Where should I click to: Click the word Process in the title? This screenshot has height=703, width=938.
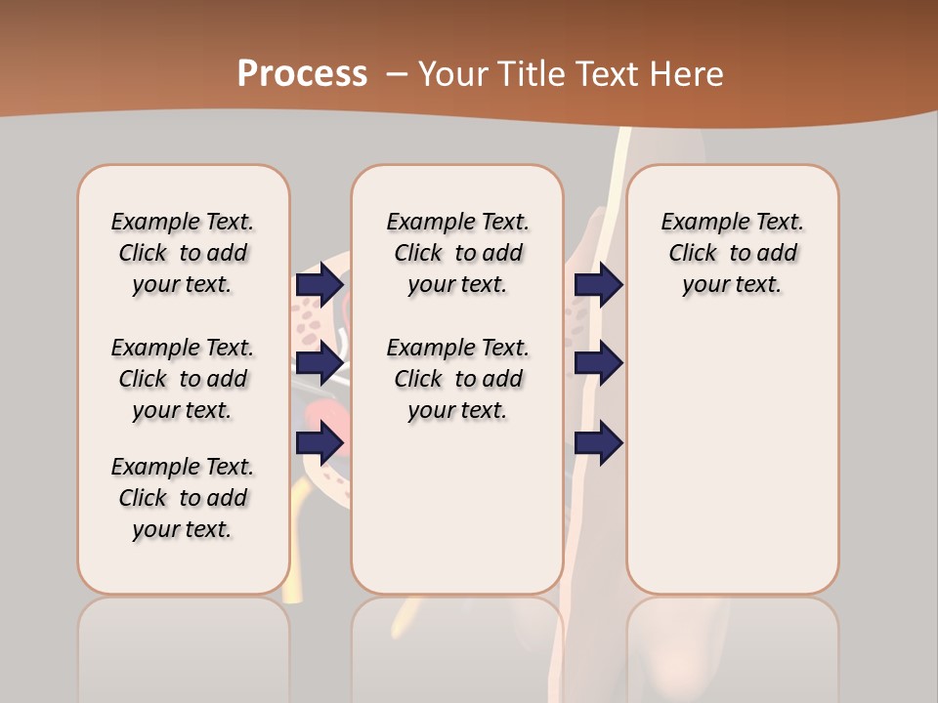pyautogui.click(x=302, y=73)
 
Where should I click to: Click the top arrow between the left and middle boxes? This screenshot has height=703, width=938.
pyautogui.click(x=320, y=285)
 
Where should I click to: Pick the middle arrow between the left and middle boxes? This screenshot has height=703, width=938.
pyautogui.click(x=320, y=364)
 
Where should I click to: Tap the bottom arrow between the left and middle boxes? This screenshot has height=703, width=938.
pyautogui.click(x=320, y=443)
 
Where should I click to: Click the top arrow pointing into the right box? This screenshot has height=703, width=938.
pyautogui.click(x=598, y=285)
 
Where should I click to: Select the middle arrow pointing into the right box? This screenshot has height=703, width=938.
pyautogui.click(x=598, y=364)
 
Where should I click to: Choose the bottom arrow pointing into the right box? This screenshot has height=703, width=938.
pyautogui.click(x=598, y=443)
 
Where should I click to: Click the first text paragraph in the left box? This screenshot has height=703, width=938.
pyautogui.click(x=183, y=253)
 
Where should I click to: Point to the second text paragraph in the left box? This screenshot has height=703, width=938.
pyautogui.click(x=183, y=379)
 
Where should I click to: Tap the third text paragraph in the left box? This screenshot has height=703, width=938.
pyautogui.click(x=183, y=498)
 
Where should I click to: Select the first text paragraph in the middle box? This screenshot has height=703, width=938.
pyautogui.click(x=457, y=253)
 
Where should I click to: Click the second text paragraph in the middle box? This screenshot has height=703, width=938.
pyautogui.click(x=457, y=379)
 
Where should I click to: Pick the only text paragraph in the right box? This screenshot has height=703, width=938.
pyautogui.click(x=732, y=253)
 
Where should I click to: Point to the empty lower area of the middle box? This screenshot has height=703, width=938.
pyautogui.click(x=457, y=508)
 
